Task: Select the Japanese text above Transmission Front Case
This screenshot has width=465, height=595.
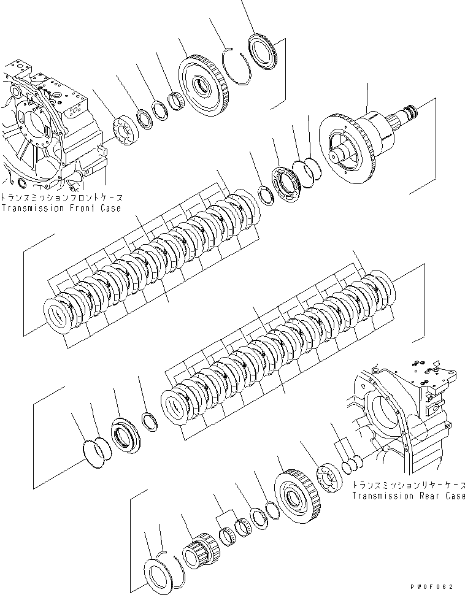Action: pyautogui.click(x=61, y=198)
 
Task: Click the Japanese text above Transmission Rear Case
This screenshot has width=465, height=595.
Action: pyautogui.click(x=408, y=485)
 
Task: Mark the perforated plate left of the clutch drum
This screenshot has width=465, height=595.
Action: pyautogui.click(x=287, y=183)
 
